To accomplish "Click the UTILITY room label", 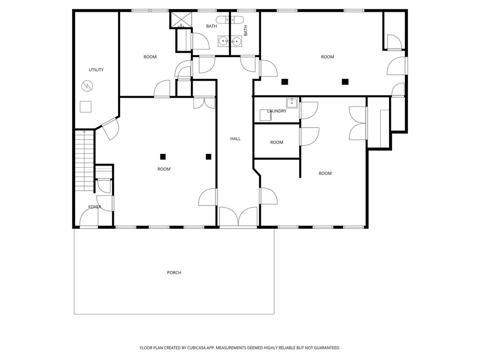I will click(x=96, y=70).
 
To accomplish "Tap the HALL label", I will click(x=235, y=139).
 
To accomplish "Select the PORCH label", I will click(x=174, y=272).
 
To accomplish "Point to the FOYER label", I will click(x=95, y=207).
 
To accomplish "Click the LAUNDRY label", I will click(x=277, y=111).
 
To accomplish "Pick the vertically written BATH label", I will click(x=245, y=30).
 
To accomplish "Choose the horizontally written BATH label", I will click(x=211, y=26).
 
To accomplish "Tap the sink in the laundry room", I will click(x=292, y=103).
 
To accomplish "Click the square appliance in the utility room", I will click(x=85, y=107).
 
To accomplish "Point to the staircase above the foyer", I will click(x=85, y=160).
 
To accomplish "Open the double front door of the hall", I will click(x=239, y=217).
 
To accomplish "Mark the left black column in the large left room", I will click(x=163, y=157).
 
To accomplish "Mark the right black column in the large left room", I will click(x=208, y=157).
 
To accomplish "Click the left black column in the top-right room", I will click(x=285, y=82).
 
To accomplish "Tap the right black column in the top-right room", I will click(x=345, y=82).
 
